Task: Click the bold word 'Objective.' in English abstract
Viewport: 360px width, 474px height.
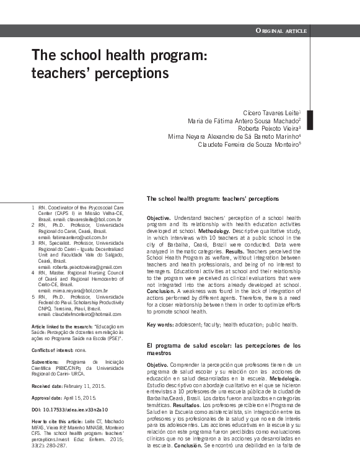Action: pyautogui.click(x=159, y=219)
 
